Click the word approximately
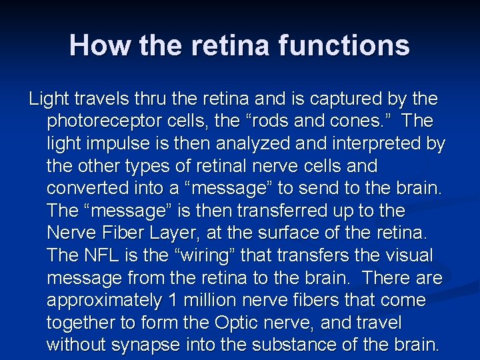click(104, 301)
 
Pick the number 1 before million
click(175, 301)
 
